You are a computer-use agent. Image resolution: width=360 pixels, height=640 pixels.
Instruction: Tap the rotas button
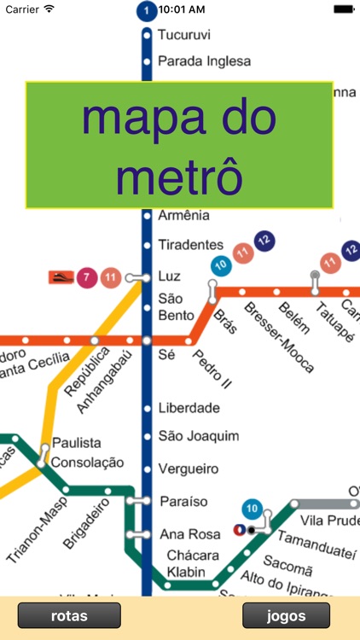pyautogui.click(x=69, y=615)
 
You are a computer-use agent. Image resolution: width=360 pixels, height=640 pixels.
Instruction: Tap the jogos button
pyautogui.click(x=286, y=615)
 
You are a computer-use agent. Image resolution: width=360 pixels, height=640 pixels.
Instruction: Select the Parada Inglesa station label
pyautogui.click(x=204, y=61)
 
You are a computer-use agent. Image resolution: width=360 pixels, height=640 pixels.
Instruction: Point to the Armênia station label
pyautogui.click(x=183, y=216)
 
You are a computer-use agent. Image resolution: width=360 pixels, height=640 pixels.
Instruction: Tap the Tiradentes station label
pyautogui.click(x=190, y=245)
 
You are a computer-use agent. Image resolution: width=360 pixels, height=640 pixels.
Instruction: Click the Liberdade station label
pyautogui.click(x=189, y=408)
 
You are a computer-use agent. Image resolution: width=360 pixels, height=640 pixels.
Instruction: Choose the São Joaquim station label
pyautogui.click(x=198, y=437)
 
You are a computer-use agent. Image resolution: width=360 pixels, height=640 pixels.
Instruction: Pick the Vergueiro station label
pyautogui.click(x=189, y=469)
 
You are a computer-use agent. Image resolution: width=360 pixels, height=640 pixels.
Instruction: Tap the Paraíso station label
pyautogui.click(x=183, y=501)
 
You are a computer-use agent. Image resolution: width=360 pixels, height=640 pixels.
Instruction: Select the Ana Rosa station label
pyautogui.click(x=185, y=535)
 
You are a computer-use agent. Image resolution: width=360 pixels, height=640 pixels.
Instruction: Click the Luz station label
pyautogui.click(x=170, y=276)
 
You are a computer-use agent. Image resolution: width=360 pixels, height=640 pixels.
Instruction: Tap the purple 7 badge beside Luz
pyautogui.click(x=86, y=276)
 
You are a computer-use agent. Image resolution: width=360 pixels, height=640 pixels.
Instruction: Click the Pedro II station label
pyautogui.click(x=212, y=364)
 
